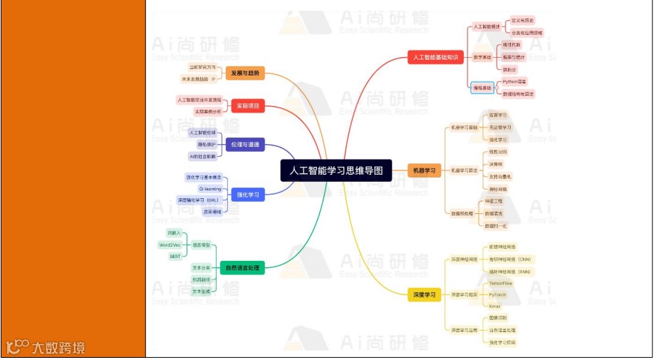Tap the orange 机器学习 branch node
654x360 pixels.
coord(424,170)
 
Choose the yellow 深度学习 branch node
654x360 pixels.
coord(424,294)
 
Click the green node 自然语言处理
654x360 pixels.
coord(242,268)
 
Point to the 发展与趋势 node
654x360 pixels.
coord(245,73)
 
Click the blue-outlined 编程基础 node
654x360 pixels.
coord(482,88)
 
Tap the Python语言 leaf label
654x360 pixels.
coord(514,81)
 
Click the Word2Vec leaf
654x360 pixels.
coord(170,245)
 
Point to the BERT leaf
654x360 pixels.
coord(175,256)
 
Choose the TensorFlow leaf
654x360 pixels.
coord(500,283)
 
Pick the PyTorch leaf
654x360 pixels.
coord(497,294)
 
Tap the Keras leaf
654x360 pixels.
coord(494,306)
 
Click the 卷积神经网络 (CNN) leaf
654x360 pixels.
coord(510,259)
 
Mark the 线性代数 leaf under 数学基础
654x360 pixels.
coord(512,44)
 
